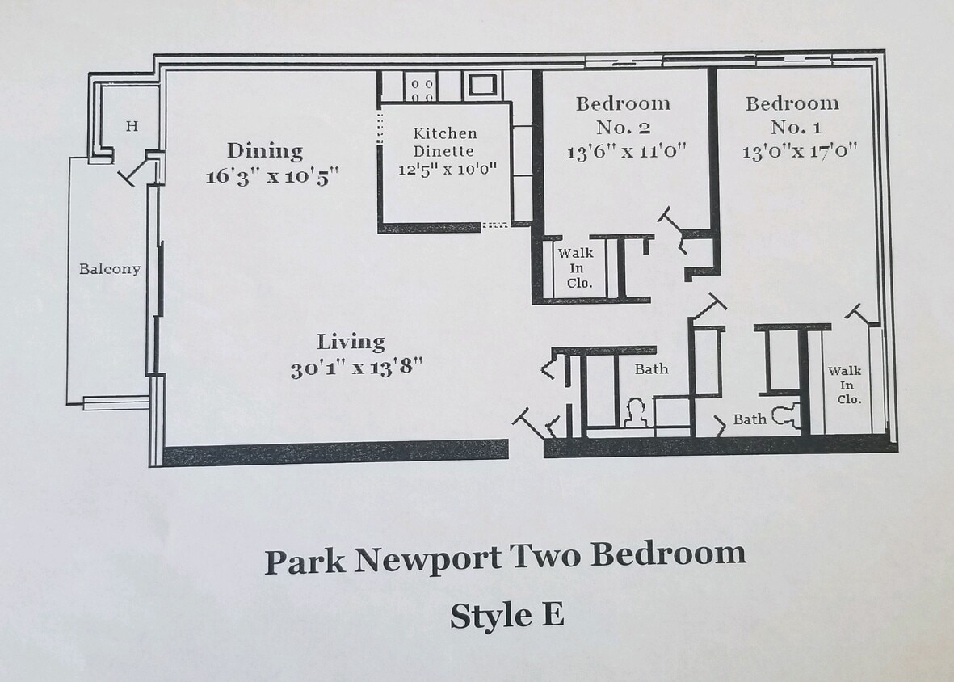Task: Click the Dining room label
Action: coord(265,151)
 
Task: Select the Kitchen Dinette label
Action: coord(445,142)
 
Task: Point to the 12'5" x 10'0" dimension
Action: coord(447,170)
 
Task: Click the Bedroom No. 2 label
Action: coord(623,115)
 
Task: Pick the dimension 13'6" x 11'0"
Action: coord(626,152)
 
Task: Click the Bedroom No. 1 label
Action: coord(792,115)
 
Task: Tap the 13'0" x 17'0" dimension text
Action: coord(799,152)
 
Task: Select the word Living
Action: coord(351,342)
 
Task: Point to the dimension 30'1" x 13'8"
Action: coord(357,368)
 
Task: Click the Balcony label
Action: coord(109,269)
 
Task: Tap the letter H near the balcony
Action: coord(132,126)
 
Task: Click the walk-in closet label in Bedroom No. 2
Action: coord(580,268)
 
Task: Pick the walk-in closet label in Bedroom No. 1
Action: coord(845,385)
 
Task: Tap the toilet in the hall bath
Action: coord(636,414)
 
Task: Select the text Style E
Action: coord(506,615)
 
